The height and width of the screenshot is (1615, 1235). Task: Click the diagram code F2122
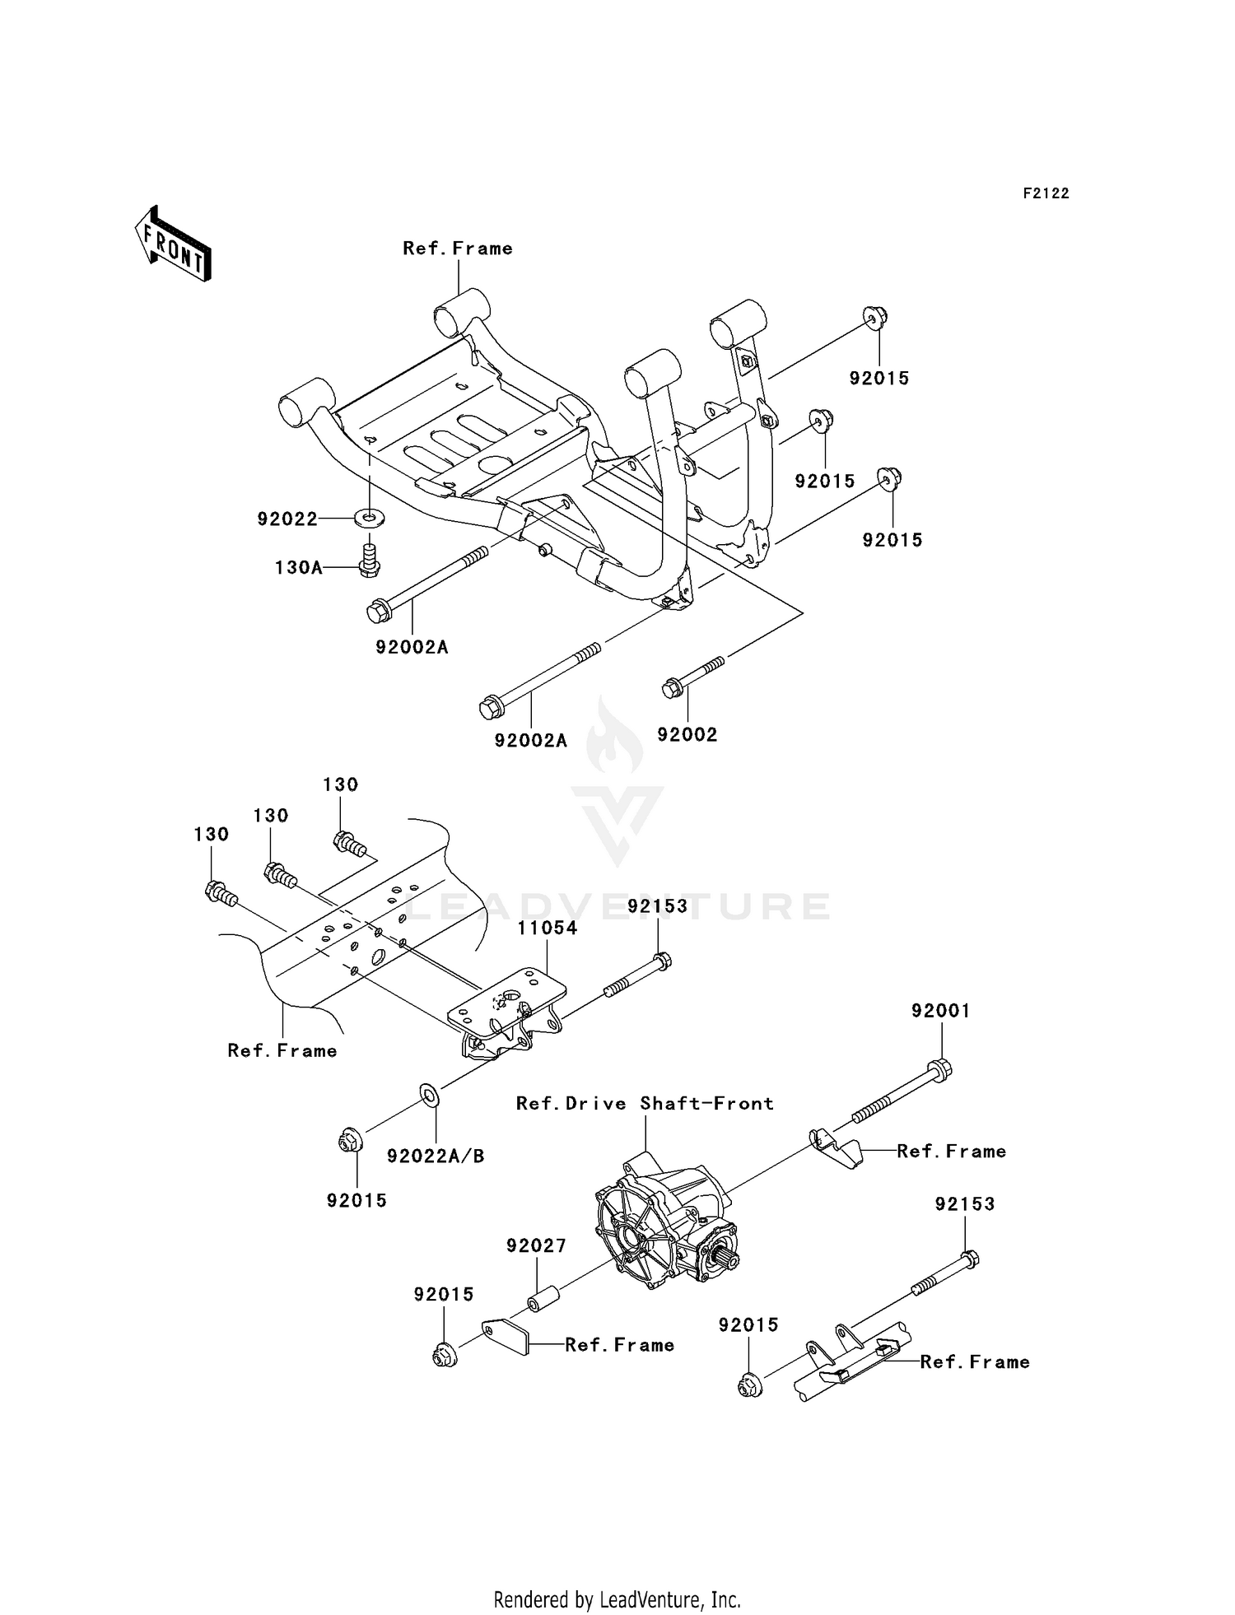click(x=1046, y=193)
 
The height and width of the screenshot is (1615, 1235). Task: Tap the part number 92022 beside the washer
click(x=287, y=519)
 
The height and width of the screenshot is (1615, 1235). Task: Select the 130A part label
click(x=298, y=567)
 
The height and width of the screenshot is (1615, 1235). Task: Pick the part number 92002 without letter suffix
click(x=687, y=734)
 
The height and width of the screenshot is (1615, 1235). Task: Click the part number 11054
click(x=548, y=928)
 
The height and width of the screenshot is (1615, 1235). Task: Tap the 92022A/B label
click(x=436, y=1157)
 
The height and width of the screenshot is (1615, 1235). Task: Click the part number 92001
click(x=940, y=1010)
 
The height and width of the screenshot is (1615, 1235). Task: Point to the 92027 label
click(x=536, y=1245)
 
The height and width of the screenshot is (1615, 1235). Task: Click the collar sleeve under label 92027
click(x=539, y=1305)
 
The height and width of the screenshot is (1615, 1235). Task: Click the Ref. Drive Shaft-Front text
click(x=645, y=1103)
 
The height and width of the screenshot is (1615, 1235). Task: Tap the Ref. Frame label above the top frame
click(x=457, y=248)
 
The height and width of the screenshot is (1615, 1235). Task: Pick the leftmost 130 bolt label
click(x=211, y=834)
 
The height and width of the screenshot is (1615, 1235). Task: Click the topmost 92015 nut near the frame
click(x=874, y=317)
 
